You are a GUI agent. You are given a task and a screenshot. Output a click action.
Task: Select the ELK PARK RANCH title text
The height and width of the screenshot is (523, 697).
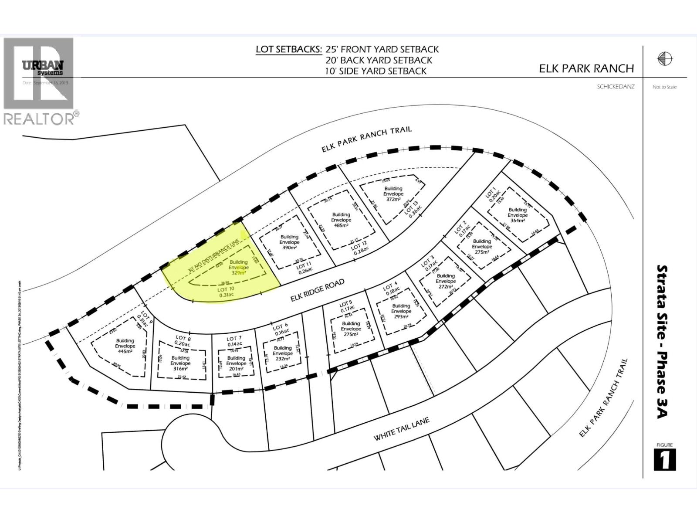(x=586, y=68)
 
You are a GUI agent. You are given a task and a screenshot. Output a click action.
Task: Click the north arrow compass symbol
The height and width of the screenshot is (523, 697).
(x=665, y=58)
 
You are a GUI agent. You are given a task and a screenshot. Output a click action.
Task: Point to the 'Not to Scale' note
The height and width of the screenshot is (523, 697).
(x=664, y=87)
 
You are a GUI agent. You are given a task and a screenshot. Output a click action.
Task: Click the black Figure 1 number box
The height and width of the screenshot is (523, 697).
(x=665, y=460)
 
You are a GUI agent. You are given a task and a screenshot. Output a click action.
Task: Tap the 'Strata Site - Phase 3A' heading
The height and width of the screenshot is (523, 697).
(x=662, y=342)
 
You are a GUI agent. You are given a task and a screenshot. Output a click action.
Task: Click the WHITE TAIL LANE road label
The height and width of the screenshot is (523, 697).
(x=401, y=429)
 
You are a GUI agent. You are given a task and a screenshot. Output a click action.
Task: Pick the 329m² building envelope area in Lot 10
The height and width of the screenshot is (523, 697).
(x=238, y=272)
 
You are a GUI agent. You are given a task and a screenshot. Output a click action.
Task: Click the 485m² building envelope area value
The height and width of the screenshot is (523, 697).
(x=341, y=225)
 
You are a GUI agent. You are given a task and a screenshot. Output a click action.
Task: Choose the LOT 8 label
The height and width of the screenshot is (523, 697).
(x=183, y=338)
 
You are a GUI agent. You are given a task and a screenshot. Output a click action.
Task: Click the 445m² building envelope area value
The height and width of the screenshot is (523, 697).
(x=125, y=351)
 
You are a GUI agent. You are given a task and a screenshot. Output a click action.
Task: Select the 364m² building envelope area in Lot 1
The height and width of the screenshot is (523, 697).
(x=518, y=221)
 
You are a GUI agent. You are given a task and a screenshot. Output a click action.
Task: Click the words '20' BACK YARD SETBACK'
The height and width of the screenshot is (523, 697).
(x=379, y=60)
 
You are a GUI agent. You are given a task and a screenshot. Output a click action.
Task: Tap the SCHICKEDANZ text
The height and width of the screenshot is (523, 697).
(x=616, y=87)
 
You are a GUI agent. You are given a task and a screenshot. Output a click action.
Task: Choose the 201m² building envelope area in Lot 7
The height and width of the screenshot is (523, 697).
(x=236, y=369)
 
